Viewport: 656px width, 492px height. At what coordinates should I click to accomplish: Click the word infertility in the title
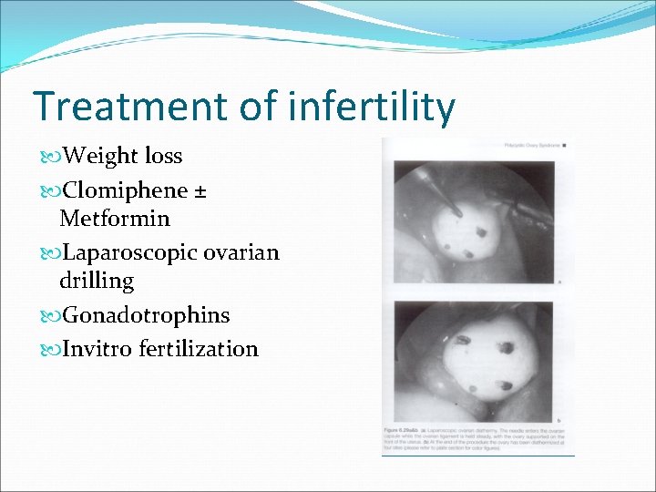(x=371, y=107)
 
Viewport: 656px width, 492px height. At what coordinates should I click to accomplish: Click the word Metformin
(x=115, y=219)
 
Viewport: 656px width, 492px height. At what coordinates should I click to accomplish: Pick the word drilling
(x=97, y=281)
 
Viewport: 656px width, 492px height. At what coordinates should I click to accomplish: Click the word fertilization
(x=199, y=348)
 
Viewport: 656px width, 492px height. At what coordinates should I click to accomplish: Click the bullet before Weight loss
(x=47, y=157)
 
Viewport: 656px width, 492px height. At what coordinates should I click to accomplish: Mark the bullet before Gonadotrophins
(x=47, y=316)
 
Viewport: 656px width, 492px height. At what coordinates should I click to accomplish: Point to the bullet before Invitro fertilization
(x=47, y=349)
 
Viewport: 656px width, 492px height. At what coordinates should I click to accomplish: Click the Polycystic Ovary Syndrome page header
(x=533, y=145)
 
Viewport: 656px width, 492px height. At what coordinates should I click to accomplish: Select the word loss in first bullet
(x=163, y=156)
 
